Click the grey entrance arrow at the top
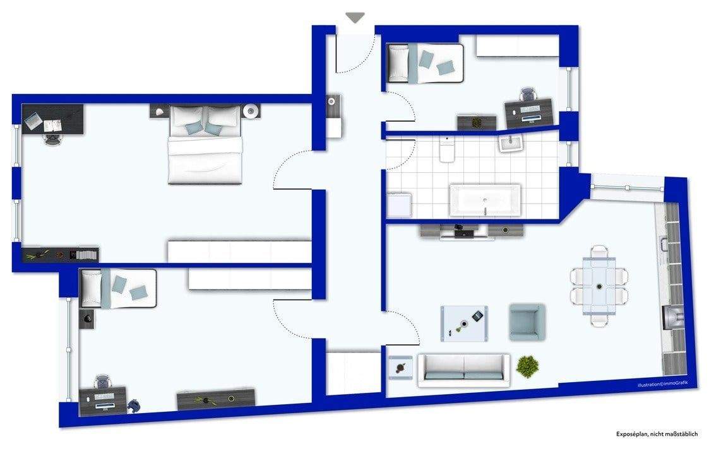tap(355, 18)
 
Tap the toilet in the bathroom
tap(447, 151)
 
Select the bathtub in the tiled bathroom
tap(484, 201)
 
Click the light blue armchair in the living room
tap(527, 322)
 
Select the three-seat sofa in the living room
tap(464, 369)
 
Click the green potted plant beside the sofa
tap(527, 366)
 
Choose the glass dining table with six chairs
tap(599, 286)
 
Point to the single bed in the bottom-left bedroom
tap(118, 289)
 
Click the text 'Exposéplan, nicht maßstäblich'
tap(657, 434)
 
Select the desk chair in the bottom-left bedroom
tap(102, 382)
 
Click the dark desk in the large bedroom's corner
tap(53, 119)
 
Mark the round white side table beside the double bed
tap(251, 111)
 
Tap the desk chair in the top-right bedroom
tap(528, 96)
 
